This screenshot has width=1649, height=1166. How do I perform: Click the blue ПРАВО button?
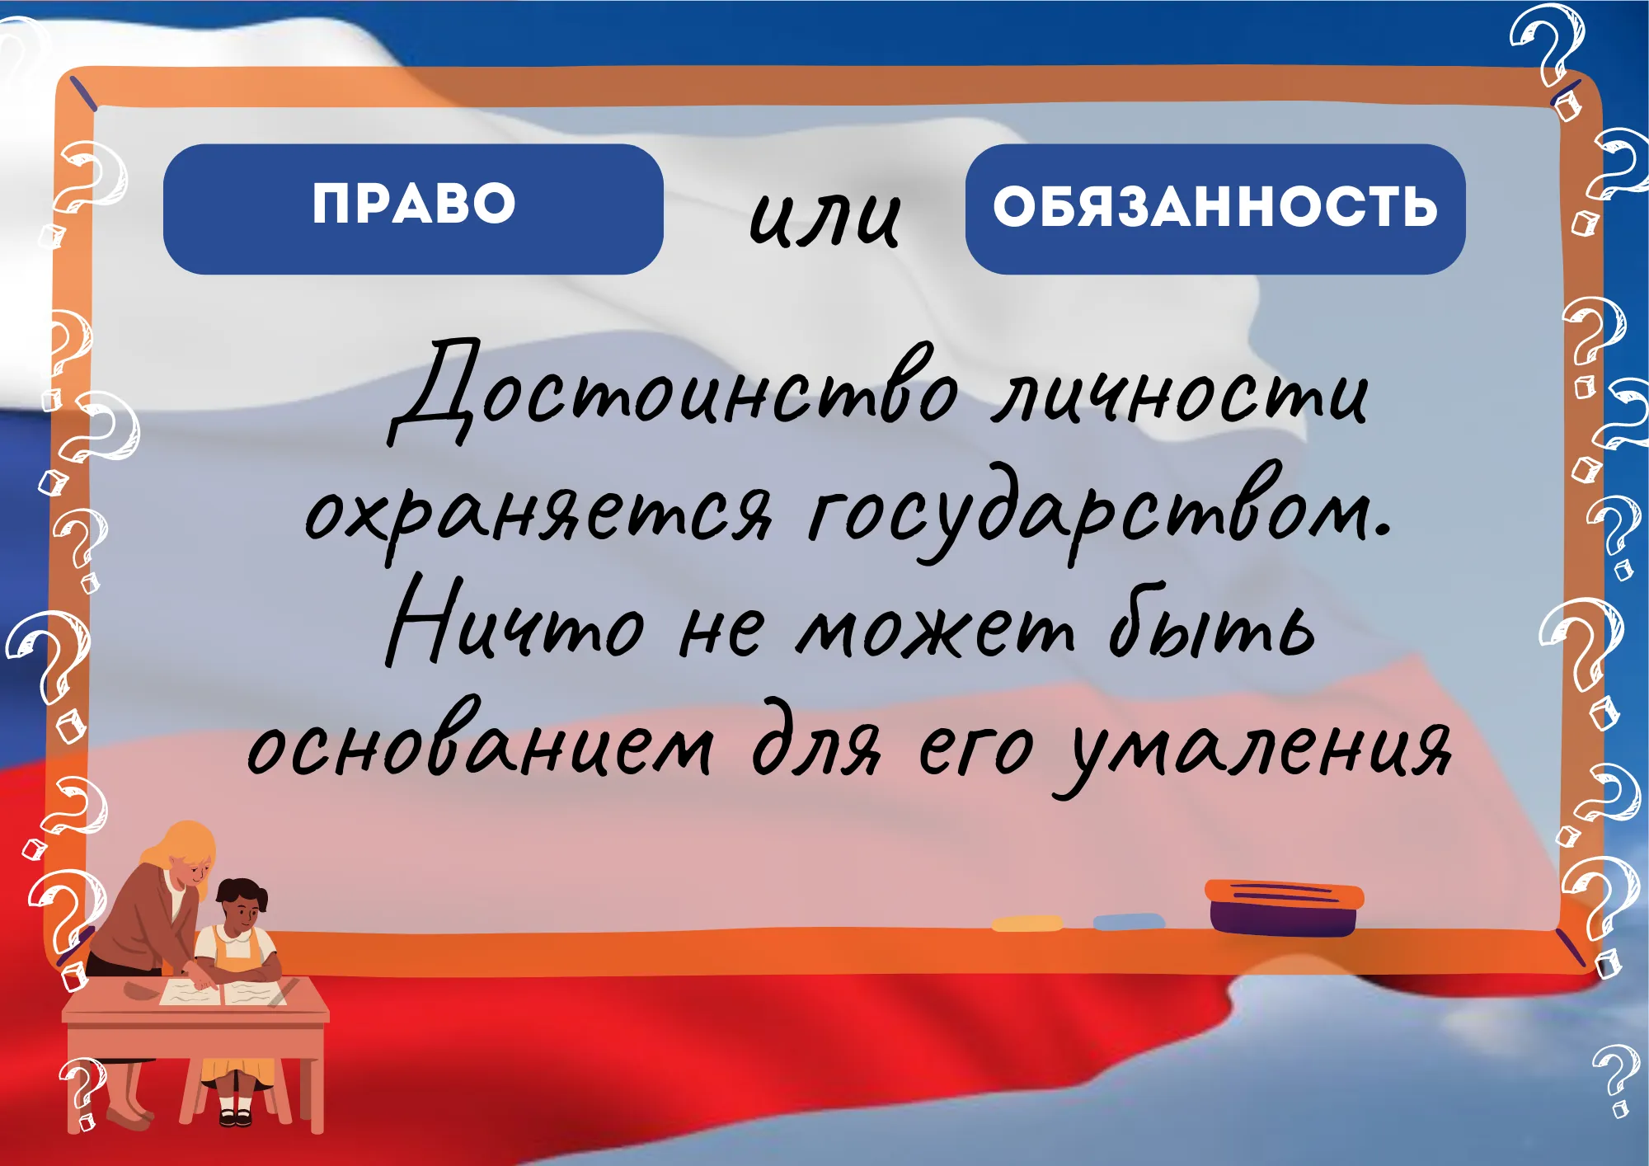point(413,209)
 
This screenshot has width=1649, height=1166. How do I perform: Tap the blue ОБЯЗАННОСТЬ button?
point(1215,209)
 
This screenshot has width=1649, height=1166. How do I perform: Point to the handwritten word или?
point(824,219)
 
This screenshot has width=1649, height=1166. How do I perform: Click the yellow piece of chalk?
point(1027,924)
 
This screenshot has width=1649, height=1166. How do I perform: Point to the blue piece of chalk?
point(1129,921)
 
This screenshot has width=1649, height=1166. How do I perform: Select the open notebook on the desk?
point(223,992)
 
